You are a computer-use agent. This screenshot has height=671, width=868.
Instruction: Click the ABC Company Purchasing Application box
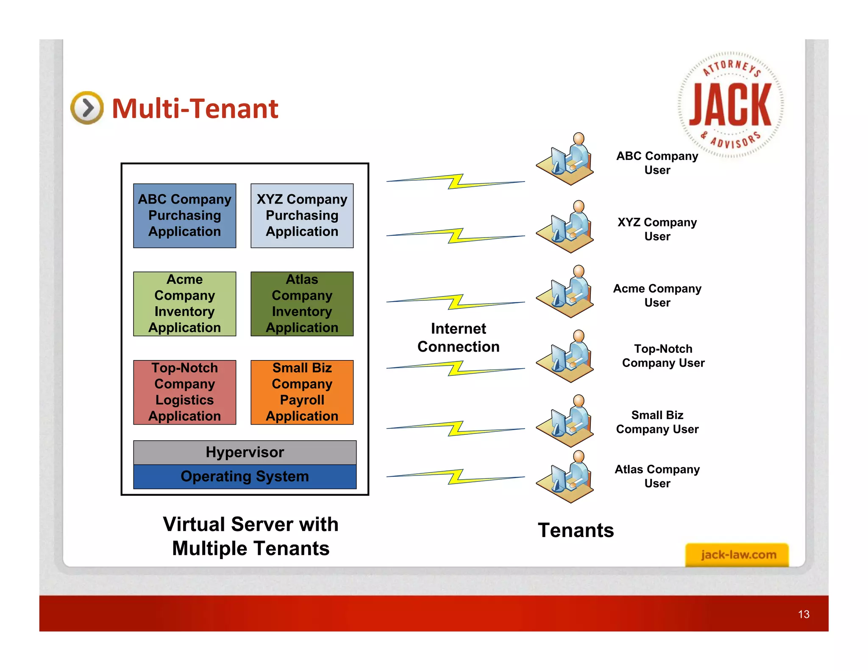tap(184, 215)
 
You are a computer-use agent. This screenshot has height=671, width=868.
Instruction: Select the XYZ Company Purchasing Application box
tap(302, 215)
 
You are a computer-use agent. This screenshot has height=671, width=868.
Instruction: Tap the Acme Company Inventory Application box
tap(184, 304)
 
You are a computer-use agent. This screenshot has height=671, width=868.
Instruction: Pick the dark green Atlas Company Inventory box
tap(302, 304)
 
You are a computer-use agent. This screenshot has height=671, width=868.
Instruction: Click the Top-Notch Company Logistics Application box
tap(184, 392)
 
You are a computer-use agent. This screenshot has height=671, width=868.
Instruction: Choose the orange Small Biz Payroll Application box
tap(302, 392)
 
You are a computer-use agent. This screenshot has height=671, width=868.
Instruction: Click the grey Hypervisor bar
tap(245, 452)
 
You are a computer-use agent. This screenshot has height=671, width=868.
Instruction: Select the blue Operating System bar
tap(245, 476)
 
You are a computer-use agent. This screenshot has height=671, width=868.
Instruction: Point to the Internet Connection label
tap(458, 338)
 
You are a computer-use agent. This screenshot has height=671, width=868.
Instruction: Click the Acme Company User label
tap(657, 295)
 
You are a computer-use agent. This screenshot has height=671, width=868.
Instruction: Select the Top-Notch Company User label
tap(663, 355)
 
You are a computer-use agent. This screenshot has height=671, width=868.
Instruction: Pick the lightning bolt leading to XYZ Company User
tap(456, 236)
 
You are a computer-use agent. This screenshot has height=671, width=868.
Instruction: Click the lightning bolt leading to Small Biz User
tap(456, 428)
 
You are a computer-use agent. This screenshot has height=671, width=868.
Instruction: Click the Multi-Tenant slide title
tap(195, 109)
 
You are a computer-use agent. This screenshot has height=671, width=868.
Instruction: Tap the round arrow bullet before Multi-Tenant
tap(87, 108)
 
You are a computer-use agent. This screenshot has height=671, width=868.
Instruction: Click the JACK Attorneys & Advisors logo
tap(730, 105)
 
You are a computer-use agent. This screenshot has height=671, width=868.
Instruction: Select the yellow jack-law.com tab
tap(737, 554)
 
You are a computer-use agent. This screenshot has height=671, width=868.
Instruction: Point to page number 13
tap(803, 614)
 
